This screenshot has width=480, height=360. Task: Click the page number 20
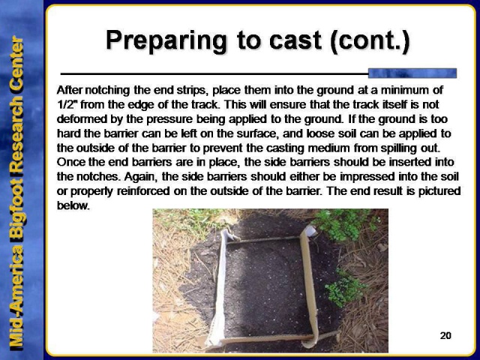pyautogui.click(x=445, y=335)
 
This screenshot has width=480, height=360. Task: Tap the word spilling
pyautogui.click(x=396, y=148)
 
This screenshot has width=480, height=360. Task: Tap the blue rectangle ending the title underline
pyautogui.click(x=412, y=73)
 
